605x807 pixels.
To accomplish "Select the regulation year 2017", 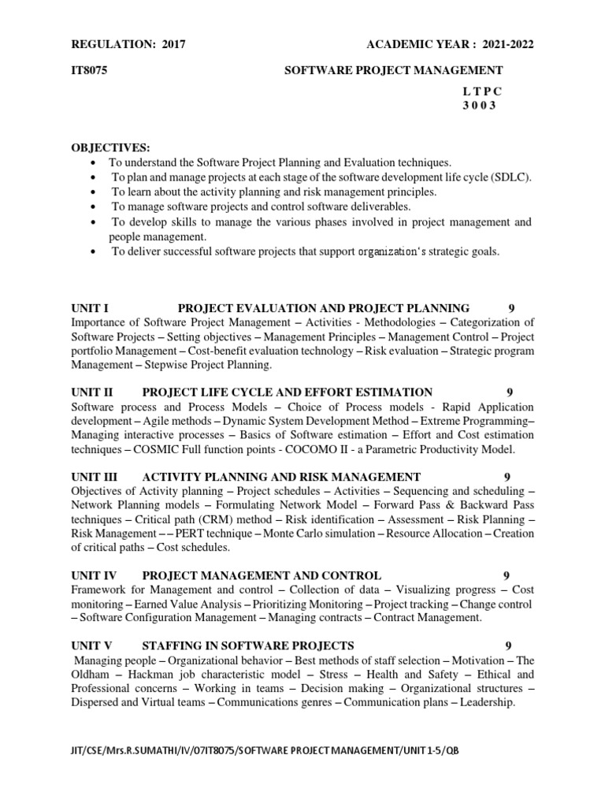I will click(173, 45).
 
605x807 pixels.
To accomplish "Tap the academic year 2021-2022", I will click(503, 45).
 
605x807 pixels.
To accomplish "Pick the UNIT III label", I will click(95, 477).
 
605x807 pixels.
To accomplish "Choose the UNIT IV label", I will click(95, 576).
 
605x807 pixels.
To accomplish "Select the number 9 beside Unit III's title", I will click(507, 477).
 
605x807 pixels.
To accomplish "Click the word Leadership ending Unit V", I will click(486, 703).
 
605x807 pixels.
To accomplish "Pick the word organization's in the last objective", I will click(392, 252).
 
